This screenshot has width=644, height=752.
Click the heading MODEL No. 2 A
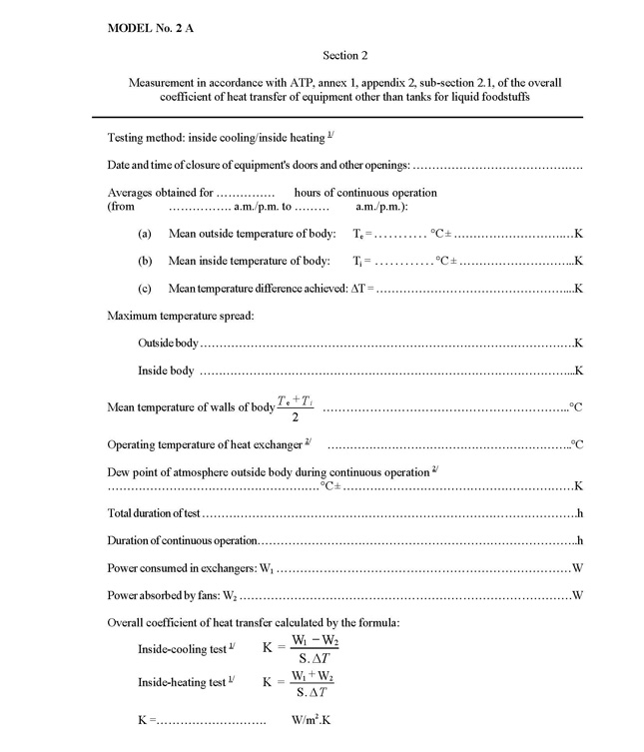click(x=151, y=29)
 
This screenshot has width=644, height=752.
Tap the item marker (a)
click(x=145, y=234)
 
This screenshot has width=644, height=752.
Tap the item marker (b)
click(x=145, y=262)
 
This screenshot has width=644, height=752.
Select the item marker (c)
click(x=145, y=289)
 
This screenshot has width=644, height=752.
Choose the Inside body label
click(x=166, y=371)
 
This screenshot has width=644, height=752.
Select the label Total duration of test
click(x=155, y=513)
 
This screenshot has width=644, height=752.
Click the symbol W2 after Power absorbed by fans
click(x=230, y=596)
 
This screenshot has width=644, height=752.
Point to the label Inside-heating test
click(x=183, y=681)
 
